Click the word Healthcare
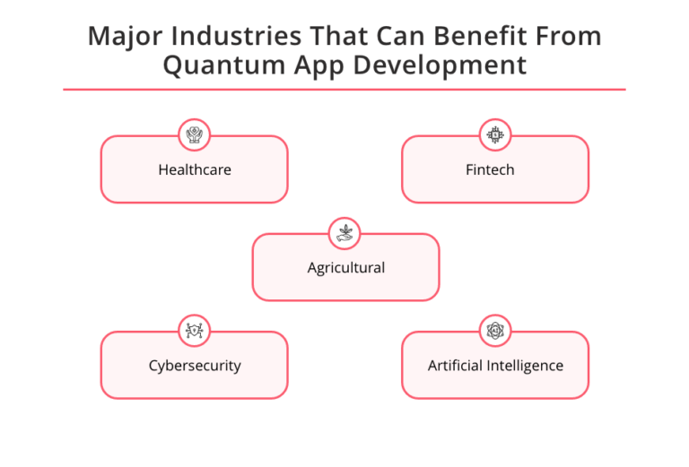(x=195, y=169)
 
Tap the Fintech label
(x=490, y=169)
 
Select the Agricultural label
(x=345, y=267)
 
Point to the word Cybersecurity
(x=195, y=365)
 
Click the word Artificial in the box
(x=455, y=365)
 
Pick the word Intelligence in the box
(x=526, y=365)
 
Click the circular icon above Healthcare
(x=194, y=135)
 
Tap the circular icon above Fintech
(x=494, y=135)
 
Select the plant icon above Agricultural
(x=344, y=233)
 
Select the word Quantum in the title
(x=220, y=66)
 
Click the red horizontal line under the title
(x=344, y=90)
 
